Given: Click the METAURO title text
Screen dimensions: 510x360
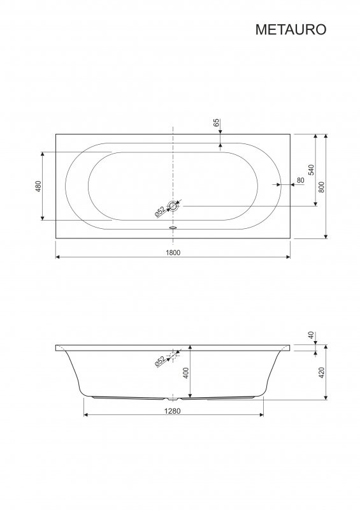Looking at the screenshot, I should coord(291,29).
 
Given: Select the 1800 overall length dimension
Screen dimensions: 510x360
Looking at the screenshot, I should coord(173,252).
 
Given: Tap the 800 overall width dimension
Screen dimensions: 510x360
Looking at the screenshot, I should coord(322,187).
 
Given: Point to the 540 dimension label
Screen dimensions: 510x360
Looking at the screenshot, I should coord(311,170).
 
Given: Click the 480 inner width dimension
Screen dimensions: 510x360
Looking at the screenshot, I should coord(38,186).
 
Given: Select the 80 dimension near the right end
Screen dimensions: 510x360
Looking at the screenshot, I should coord(299,180).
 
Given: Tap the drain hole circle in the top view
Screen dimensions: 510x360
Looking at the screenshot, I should coord(173,206).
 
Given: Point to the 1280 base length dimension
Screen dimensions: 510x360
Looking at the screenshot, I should coord(173,411).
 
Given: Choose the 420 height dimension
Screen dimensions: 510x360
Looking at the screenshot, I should coord(322,373).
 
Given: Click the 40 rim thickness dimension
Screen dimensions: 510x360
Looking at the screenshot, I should coord(311,335).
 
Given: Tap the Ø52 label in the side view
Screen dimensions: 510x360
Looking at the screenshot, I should coord(160,361).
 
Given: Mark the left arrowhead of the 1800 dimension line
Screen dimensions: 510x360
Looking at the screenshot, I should coord(58,257).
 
